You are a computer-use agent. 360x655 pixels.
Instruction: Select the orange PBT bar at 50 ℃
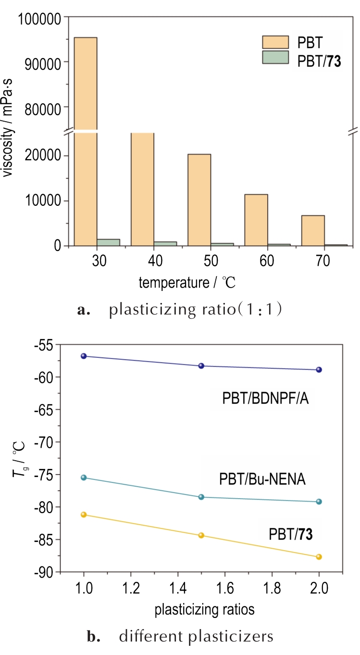(199, 200)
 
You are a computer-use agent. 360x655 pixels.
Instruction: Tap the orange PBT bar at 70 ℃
(313, 230)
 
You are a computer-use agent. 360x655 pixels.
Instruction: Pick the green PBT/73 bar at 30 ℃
(108, 242)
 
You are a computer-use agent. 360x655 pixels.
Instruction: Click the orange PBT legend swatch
(275, 42)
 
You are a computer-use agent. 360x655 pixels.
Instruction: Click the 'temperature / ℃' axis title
(187, 282)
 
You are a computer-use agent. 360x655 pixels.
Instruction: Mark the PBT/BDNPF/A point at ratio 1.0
(84, 356)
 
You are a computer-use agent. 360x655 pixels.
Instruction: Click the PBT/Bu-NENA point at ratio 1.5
(201, 497)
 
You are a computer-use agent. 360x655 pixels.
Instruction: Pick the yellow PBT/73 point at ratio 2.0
(319, 557)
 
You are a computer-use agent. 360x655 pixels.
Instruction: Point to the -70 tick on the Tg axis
(47, 442)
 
